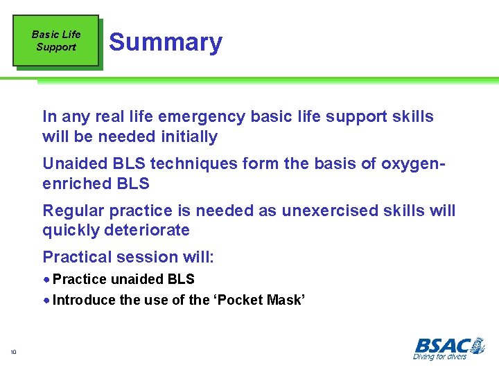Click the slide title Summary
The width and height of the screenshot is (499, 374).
pos(166,42)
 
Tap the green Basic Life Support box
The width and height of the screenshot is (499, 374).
pos(55,41)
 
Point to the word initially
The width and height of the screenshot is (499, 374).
pos(186,137)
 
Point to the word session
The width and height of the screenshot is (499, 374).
pos(145,257)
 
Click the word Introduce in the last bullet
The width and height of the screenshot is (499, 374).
pos(84,300)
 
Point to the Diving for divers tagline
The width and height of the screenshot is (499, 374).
pos(439,357)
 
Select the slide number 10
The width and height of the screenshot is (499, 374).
pos(13,353)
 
